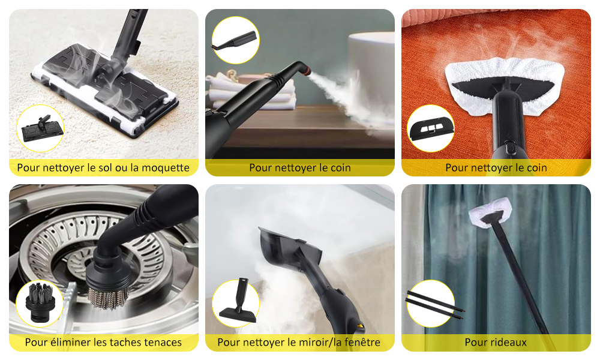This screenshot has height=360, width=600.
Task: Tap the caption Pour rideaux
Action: (496, 342)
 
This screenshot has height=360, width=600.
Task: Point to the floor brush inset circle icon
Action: (40, 128)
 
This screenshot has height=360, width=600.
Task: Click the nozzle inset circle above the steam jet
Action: (236, 40)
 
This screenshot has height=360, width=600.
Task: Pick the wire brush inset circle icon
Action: (40, 304)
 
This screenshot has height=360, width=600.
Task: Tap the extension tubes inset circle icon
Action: (431, 304)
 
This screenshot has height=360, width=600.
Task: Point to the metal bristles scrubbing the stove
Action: (109, 296)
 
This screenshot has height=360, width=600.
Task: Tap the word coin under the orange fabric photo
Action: (535, 167)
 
